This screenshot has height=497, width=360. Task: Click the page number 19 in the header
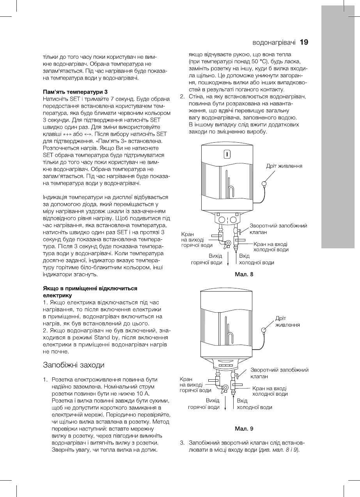coord(304,42)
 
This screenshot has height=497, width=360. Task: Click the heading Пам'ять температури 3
coord(75,92)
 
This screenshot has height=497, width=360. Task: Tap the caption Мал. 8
coord(244,274)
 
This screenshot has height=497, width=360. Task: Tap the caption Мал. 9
coord(244,429)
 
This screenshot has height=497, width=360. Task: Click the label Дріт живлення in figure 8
coord(285,166)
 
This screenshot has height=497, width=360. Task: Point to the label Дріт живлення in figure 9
coord(288,322)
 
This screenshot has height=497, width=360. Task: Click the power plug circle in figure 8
coord(264,183)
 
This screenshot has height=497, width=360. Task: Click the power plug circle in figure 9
coord(264,331)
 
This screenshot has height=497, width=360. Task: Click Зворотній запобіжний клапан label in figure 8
coord(278,229)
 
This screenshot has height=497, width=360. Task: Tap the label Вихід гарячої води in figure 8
coord(206,259)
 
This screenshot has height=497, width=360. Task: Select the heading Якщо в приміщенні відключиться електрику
coord(90,292)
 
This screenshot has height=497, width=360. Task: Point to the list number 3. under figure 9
coord(182,443)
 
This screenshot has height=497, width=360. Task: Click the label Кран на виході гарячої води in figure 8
coord(197,239)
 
